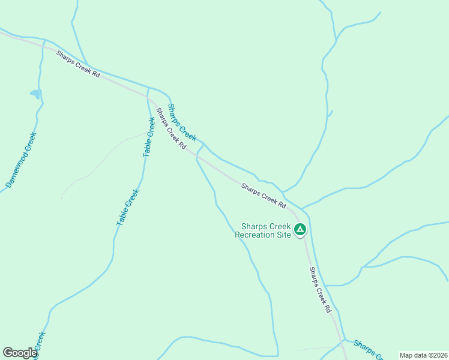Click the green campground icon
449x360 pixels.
(300, 229)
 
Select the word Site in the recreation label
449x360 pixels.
(285, 235)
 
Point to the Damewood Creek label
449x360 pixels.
(21, 159)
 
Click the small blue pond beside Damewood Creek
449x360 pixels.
(35, 94)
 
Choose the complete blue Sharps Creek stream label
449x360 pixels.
(182, 122)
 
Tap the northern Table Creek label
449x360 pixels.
(149, 137)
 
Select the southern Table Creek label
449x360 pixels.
(127, 208)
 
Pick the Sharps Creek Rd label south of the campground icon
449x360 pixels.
(320, 290)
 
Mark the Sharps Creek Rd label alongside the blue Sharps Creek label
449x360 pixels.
(171, 129)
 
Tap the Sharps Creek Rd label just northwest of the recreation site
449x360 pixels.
(264, 196)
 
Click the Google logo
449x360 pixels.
(20, 353)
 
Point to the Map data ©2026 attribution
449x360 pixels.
(423, 355)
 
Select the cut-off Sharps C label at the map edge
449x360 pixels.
(368, 349)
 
